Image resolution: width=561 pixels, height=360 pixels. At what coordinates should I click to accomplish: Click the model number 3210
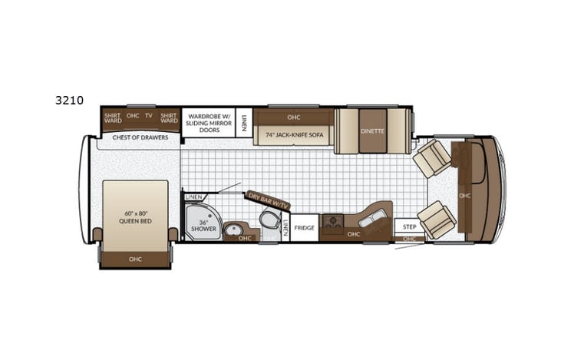[69, 100]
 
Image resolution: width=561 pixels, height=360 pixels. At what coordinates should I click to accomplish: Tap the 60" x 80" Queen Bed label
[135, 217]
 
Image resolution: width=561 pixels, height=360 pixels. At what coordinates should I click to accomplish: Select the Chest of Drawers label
[140, 137]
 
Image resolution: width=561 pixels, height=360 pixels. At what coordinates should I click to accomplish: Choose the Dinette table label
[372, 130]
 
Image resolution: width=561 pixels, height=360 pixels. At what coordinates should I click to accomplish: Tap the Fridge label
[305, 228]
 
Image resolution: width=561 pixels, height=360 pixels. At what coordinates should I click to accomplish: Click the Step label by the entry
[409, 227]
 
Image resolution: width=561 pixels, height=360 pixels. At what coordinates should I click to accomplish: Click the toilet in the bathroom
[269, 221]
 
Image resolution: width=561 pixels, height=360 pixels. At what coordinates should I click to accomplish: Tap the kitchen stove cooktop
[332, 223]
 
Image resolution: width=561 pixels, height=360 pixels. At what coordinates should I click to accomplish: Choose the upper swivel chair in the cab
[432, 158]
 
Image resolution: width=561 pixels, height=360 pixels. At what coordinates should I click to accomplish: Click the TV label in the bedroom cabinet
[149, 116]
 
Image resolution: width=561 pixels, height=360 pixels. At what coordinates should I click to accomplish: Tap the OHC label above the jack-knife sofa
[293, 117]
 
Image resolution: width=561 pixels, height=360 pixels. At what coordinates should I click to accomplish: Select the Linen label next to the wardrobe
[244, 121]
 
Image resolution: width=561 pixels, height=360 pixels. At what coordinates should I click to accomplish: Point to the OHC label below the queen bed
[135, 259]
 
